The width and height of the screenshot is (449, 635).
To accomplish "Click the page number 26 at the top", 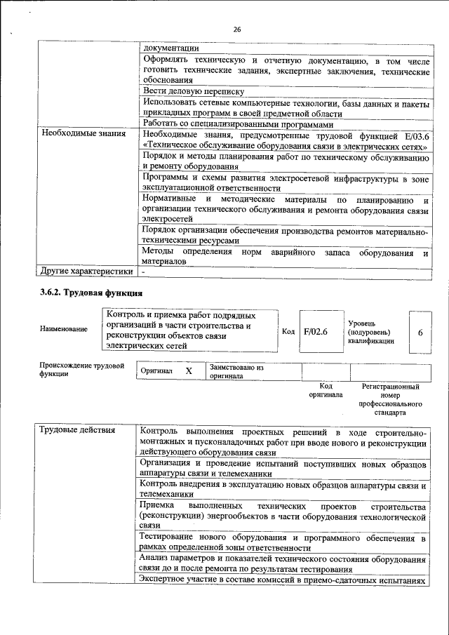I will coord(237,29).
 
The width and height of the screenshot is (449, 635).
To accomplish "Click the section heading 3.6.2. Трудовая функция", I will coord(91,293).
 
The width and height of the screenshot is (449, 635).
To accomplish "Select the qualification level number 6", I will coord(420,331).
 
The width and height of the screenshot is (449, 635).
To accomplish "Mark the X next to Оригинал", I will coord(188,370).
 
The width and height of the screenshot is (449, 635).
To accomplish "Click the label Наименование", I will coord(65,328).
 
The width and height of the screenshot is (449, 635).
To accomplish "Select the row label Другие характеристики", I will coord(86,270).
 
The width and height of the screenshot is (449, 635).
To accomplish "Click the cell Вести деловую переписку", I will coord(193,91).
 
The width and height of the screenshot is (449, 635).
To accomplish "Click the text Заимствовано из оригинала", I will coord(236,371).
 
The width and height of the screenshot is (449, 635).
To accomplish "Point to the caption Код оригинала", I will coord(326,390).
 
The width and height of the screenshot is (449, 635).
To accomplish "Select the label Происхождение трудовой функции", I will coord(81,370).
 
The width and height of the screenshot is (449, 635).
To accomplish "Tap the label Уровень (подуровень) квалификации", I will coord(370,331).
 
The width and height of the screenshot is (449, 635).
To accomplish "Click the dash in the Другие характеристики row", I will coord(143,270).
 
